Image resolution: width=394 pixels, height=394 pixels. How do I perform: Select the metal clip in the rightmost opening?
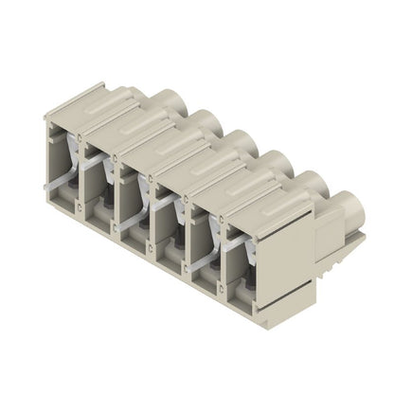tap(248, 256)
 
